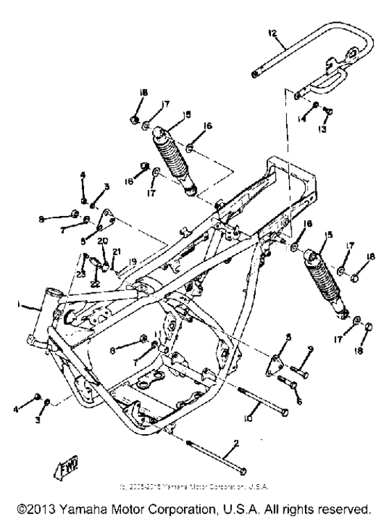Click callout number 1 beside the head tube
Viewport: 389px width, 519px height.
point(21,304)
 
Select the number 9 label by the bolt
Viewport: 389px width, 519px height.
point(311,349)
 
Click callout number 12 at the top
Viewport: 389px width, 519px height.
point(273,33)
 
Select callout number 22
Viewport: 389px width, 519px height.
point(94,285)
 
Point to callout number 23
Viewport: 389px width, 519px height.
point(81,274)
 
